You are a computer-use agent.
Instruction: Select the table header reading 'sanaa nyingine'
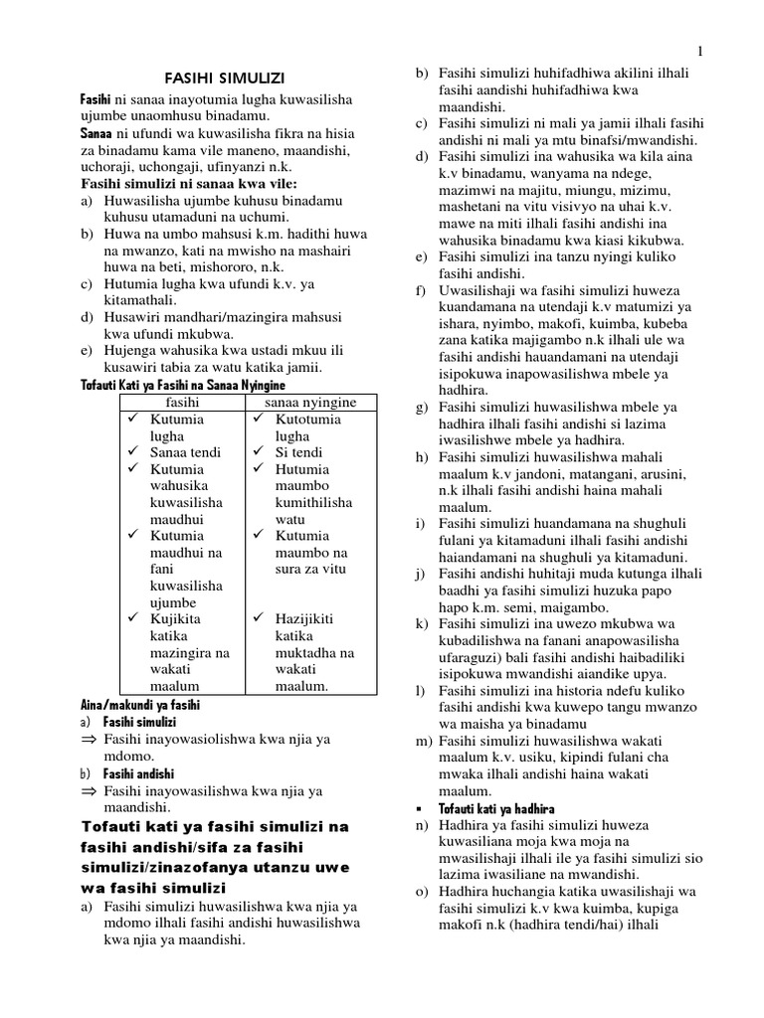310,402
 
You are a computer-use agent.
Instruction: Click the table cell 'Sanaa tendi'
185,452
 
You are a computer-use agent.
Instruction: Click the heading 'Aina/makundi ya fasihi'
139,704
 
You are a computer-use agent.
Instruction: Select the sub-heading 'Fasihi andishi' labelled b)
138,773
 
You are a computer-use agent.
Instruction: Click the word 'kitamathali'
141,299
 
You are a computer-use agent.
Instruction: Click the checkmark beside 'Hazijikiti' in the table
256,619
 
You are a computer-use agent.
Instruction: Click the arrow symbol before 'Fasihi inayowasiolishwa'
87,739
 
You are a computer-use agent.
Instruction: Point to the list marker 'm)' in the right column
422,741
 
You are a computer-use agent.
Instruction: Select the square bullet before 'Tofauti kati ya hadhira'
421,808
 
